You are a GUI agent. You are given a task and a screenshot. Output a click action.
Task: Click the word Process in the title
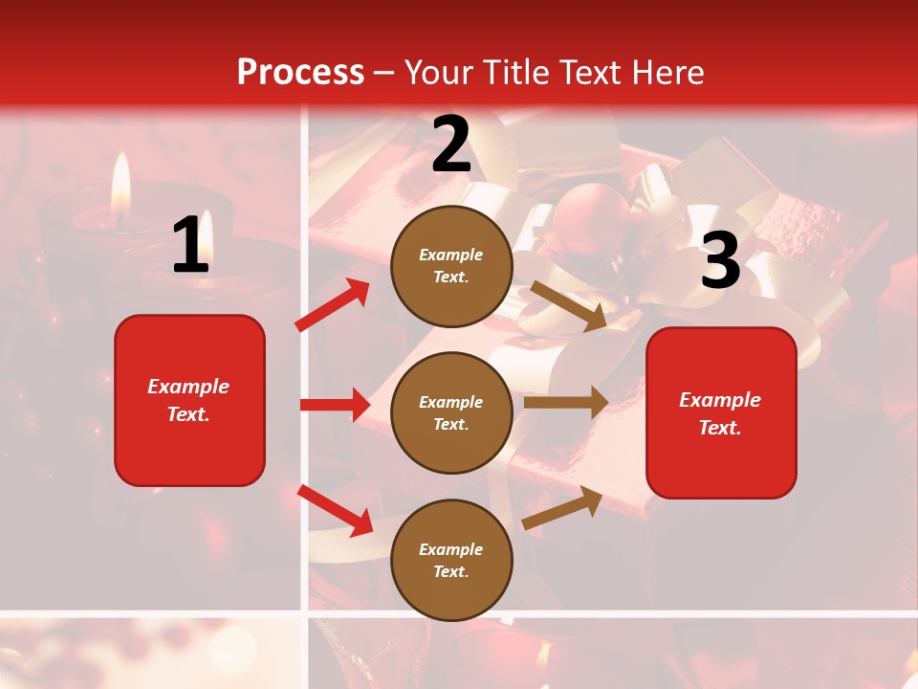click(x=300, y=72)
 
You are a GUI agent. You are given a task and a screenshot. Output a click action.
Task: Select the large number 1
click(x=190, y=245)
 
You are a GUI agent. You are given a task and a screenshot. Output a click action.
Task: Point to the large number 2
click(x=451, y=144)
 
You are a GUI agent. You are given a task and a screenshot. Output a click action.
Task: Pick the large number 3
click(x=720, y=260)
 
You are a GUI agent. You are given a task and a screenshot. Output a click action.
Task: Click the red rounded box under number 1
click(x=189, y=400)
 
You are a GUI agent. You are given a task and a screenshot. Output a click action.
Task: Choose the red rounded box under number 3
click(x=721, y=412)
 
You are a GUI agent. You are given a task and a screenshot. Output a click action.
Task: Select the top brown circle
click(x=451, y=266)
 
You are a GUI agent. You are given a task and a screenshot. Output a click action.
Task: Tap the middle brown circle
click(x=451, y=412)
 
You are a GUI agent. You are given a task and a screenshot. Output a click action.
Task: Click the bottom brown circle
click(x=451, y=560)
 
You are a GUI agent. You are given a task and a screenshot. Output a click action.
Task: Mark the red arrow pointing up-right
click(x=333, y=305)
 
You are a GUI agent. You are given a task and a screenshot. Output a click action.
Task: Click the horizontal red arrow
click(x=335, y=405)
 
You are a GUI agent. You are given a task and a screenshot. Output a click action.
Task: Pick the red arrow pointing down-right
click(x=336, y=510)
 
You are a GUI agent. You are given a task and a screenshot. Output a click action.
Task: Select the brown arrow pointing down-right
click(x=568, y=305)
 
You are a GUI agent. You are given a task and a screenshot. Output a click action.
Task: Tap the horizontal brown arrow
click(x=566, y=402)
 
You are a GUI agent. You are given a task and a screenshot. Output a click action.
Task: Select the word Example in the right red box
click(x=720, y=400)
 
